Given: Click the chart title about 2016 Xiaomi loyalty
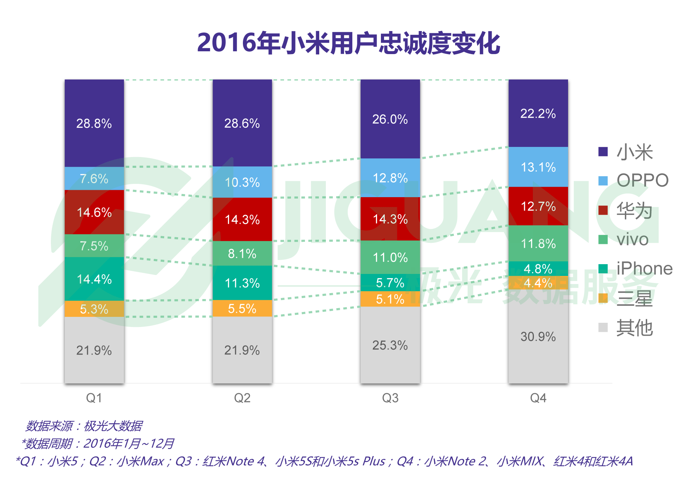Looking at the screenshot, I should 348,43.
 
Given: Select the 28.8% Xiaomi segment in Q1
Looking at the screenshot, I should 94,123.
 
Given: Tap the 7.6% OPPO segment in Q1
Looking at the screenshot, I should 94,179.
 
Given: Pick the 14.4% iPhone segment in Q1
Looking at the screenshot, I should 94,279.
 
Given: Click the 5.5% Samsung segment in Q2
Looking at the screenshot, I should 242,308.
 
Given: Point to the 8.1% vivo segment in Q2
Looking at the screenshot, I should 242,253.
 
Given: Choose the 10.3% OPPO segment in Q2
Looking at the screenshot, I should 242,182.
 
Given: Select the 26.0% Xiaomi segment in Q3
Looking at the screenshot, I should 390,119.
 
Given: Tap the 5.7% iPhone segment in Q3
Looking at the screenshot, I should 390,283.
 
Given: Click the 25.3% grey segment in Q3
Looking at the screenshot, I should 390,345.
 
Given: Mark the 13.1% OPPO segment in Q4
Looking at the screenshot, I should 538,167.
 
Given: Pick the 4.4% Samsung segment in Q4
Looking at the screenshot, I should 538,283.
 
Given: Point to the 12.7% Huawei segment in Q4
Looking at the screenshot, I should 538,206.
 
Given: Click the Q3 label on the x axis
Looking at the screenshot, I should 390,398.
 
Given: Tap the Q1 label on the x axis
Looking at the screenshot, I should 94,398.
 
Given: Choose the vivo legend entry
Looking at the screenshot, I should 632,239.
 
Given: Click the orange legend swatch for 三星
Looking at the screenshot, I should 603,298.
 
